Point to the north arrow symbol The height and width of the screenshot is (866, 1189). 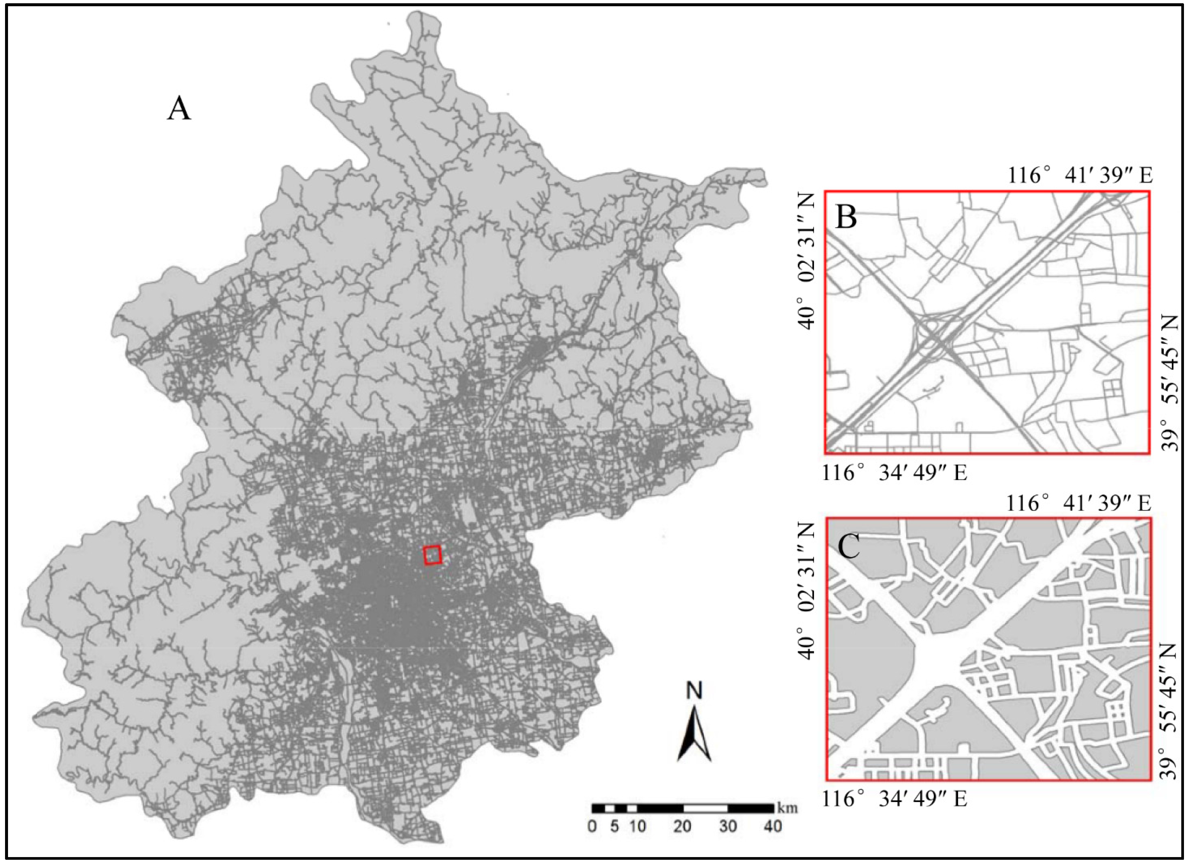pyautogui.click(x=694, y=734)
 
